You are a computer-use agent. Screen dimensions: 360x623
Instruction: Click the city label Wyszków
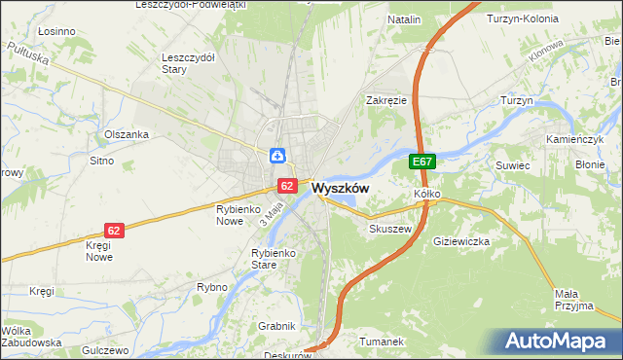[340, 189]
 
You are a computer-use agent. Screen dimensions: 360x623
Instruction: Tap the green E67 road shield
[421, 162]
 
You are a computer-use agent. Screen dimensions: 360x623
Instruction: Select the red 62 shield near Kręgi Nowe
[115, 231]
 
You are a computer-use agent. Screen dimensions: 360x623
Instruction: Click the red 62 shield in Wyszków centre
[286, 185]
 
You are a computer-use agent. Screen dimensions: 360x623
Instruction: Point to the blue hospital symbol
[277, 155]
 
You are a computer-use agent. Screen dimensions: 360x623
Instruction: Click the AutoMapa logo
[557, 341]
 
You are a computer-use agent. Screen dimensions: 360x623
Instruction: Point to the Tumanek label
[381, 342]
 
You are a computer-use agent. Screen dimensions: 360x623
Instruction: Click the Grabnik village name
[277, 325]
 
